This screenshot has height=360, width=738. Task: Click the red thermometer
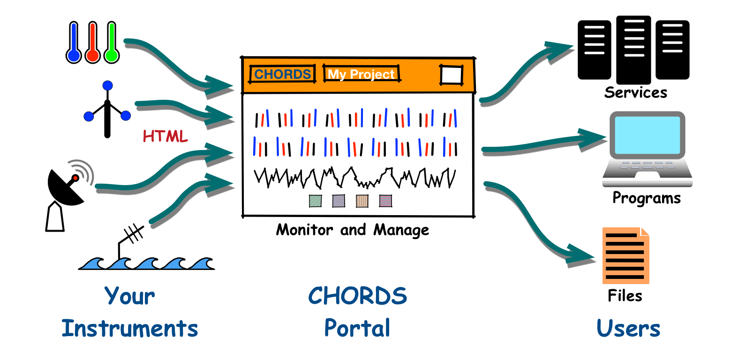(x=92, y=43)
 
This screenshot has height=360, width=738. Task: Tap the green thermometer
(x=112, y=43)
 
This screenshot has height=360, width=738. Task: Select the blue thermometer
(x=74, y=43)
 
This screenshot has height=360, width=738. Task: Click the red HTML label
(x=165, y=136)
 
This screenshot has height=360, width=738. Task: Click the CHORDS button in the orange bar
(x=282, y=74)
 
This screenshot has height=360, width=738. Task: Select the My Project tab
(x=361, y=74)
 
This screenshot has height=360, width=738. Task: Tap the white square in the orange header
(x=452, y=75)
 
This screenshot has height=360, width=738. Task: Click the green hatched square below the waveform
(x=315, y=201)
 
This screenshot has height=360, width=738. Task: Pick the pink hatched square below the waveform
(x=385, y=201)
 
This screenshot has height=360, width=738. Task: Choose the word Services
(x=635, y=92)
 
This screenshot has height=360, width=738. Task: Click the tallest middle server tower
(x=633, y=50)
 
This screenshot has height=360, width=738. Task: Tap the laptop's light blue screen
(x=648, y=135)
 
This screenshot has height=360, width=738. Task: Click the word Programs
(x=647, y=198)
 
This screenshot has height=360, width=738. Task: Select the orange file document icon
(x=625, y=255)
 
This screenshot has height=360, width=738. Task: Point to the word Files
(x=625, y=295)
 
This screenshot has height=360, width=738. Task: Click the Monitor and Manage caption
(x=353, y=230)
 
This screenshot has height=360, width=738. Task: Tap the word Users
(x=628, y=329)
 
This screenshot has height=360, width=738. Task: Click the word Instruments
(x=129, y=329)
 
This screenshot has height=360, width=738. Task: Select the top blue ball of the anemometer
(x=107, y=86)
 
